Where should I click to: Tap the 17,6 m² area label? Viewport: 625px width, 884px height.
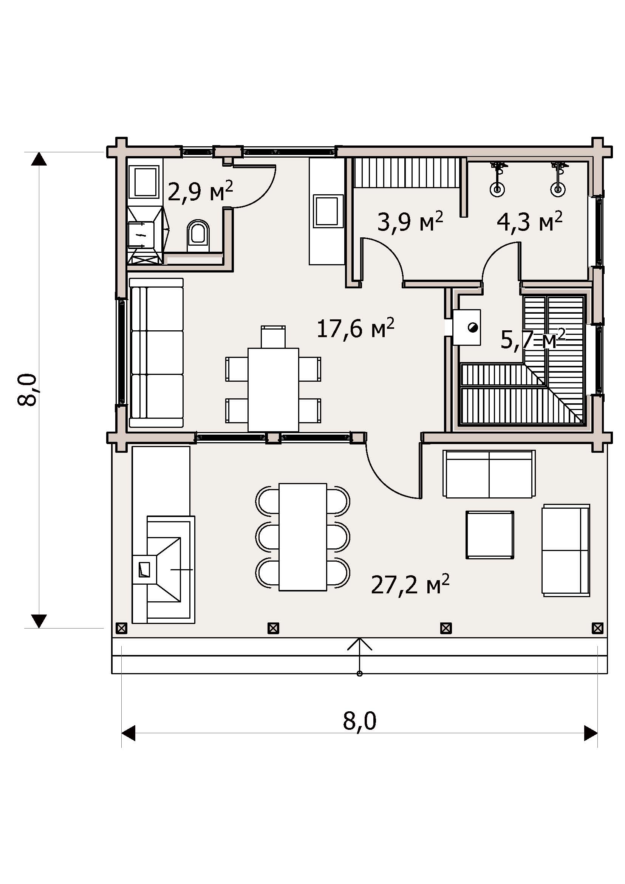(x=355, y=328)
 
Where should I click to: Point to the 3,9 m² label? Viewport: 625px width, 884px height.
(x=410, y=221)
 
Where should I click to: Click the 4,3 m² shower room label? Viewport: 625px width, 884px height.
(x=529, y=221)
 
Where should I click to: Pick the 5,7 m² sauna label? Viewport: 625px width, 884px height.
(x=533, y=339)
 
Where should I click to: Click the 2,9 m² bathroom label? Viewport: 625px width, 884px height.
(x=201, y=191)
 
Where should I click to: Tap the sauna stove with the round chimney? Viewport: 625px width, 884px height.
(x=466, y=327)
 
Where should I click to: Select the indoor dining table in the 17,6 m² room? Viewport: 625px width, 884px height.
(x=273, y=390)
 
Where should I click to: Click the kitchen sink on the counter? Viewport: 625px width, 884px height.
(x=328, y=211)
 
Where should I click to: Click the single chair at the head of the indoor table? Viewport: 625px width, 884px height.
(x=273, y=337)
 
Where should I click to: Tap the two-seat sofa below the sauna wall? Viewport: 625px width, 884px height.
(x=489, y=474)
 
